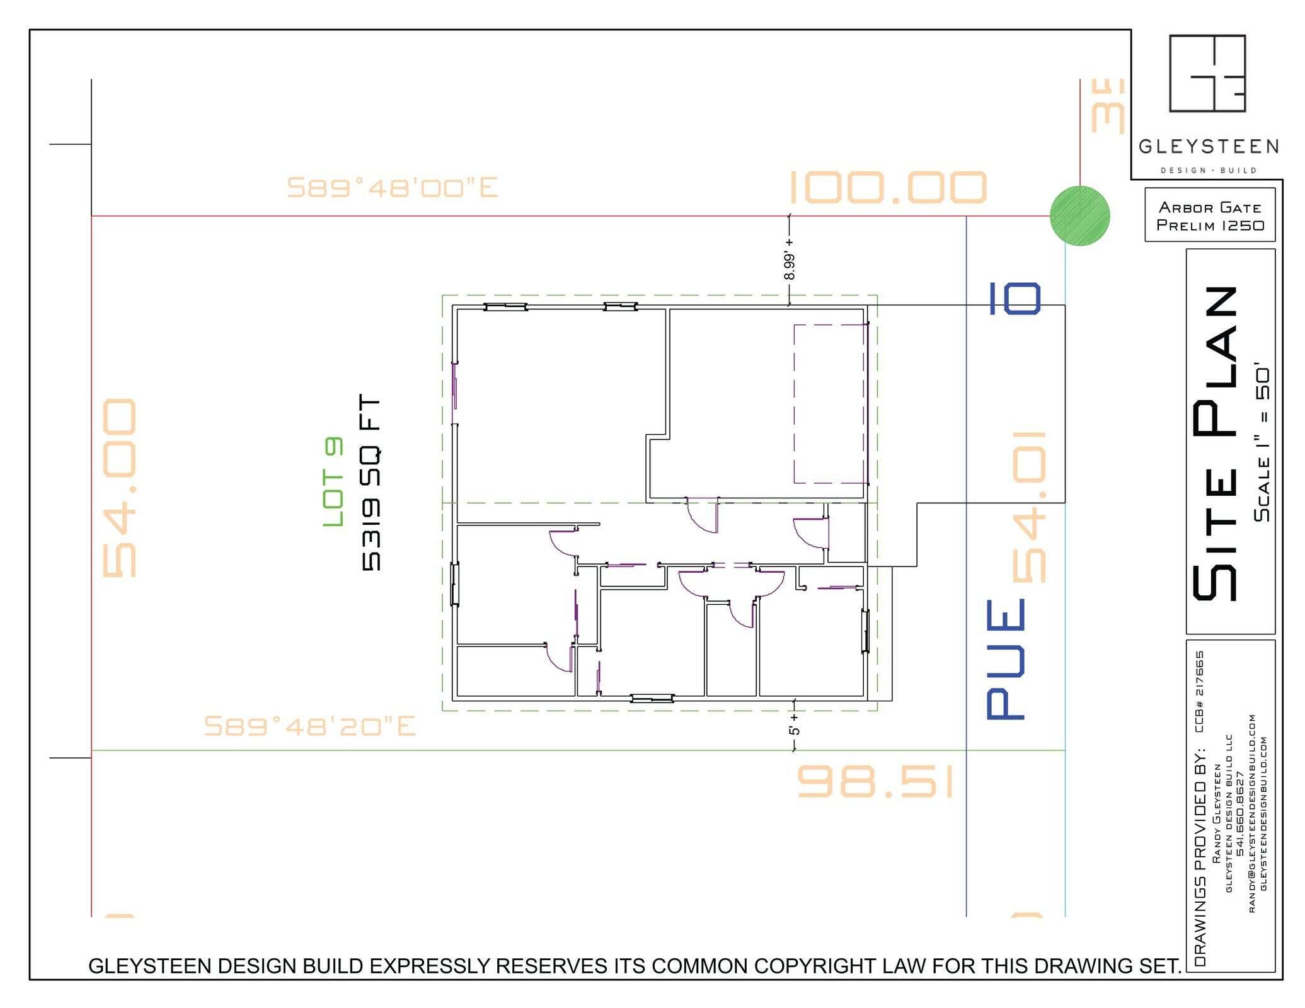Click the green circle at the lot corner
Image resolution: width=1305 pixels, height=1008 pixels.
click(1079, 216)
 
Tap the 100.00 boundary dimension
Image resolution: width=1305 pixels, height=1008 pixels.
click(887, 188)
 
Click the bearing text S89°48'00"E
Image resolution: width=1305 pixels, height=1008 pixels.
click(392, 188)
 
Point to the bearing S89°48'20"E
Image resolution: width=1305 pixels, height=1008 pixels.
click(309, 726)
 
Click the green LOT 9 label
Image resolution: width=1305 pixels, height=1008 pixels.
click(333, 482)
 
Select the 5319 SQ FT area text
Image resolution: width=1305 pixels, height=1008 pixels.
click(371, 483)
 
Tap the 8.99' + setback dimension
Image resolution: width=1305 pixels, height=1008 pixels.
click(789, 258)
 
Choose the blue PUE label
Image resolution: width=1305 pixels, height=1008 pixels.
click(1006, 659)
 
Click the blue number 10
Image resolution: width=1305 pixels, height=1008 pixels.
click(1015, 299)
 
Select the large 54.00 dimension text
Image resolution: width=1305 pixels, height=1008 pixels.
click(119, 488)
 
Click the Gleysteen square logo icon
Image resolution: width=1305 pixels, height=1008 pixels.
click(1207, 73)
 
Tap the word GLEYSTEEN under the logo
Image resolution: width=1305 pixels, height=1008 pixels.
click(1208, 147)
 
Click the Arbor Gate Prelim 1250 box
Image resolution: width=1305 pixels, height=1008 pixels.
click(1209, 215)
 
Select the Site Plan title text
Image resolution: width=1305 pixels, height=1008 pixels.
click(1216, 443)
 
